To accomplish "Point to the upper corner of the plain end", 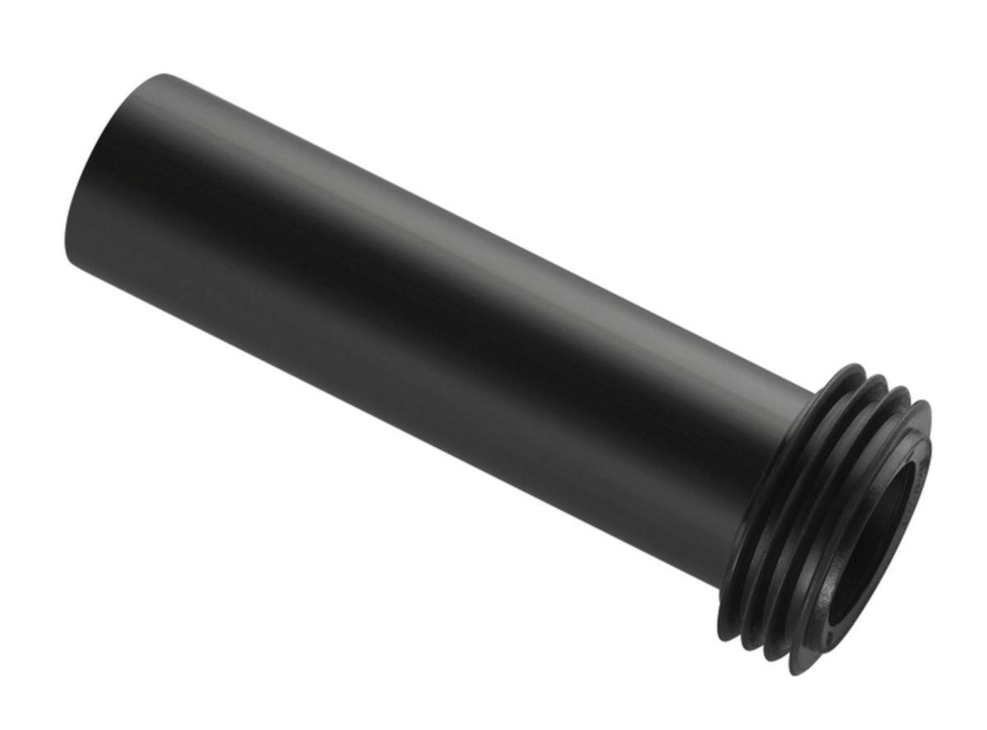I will pyautogui.click(x=164, y=76).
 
